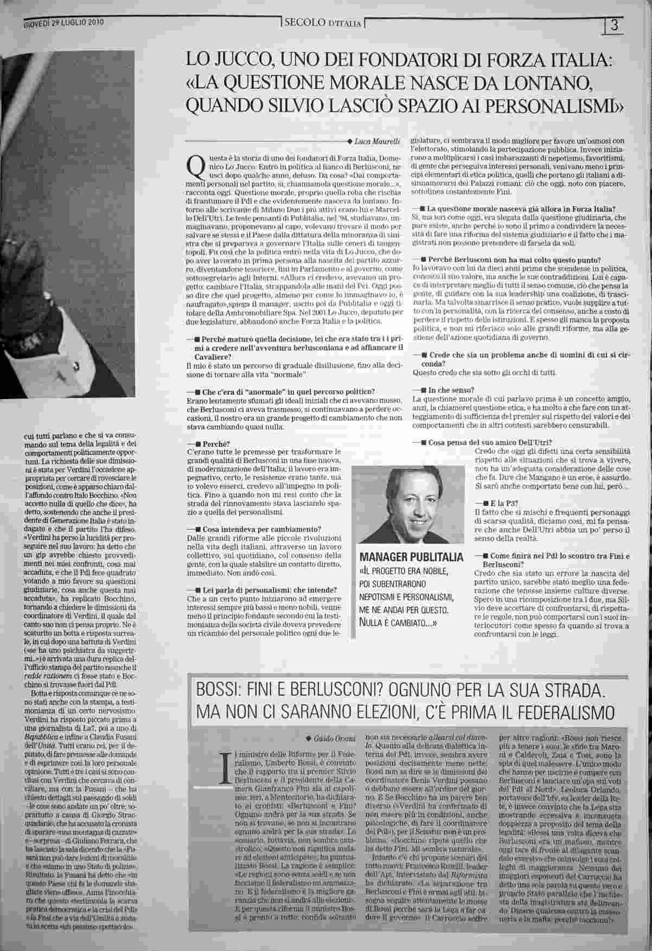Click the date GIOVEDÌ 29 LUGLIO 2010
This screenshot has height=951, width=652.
64,23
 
